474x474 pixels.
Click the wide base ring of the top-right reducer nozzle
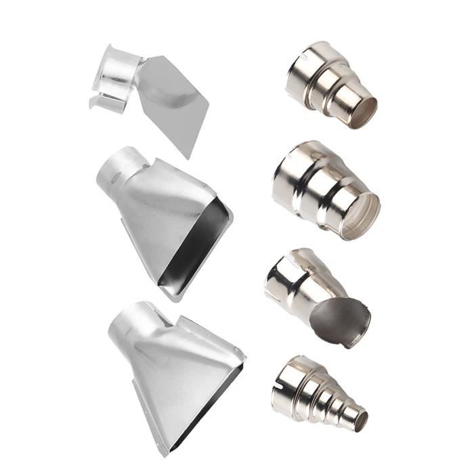(305, 71)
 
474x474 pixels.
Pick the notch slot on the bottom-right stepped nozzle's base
(278, 389)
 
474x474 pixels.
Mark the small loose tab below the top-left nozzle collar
(107, 104)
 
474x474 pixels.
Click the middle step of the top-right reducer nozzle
(335, 87)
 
